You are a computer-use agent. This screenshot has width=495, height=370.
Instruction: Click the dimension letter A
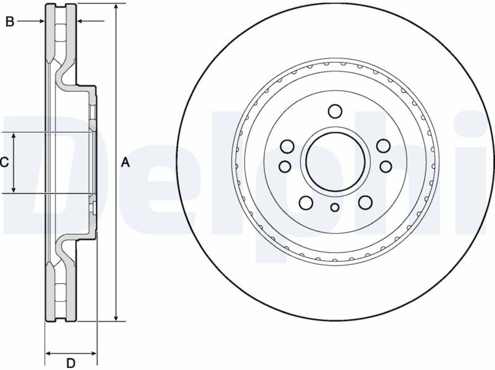point(125,163)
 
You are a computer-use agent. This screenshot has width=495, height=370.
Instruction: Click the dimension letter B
point(10,22)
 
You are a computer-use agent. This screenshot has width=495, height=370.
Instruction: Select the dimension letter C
point(5,162)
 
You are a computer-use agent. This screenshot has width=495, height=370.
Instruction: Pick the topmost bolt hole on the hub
point(335,111)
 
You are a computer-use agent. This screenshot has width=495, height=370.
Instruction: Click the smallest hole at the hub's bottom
point(335,207)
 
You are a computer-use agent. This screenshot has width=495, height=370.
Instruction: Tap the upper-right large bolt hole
point(383,146)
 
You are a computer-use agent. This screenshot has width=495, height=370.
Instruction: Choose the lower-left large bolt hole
point(306,202)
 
